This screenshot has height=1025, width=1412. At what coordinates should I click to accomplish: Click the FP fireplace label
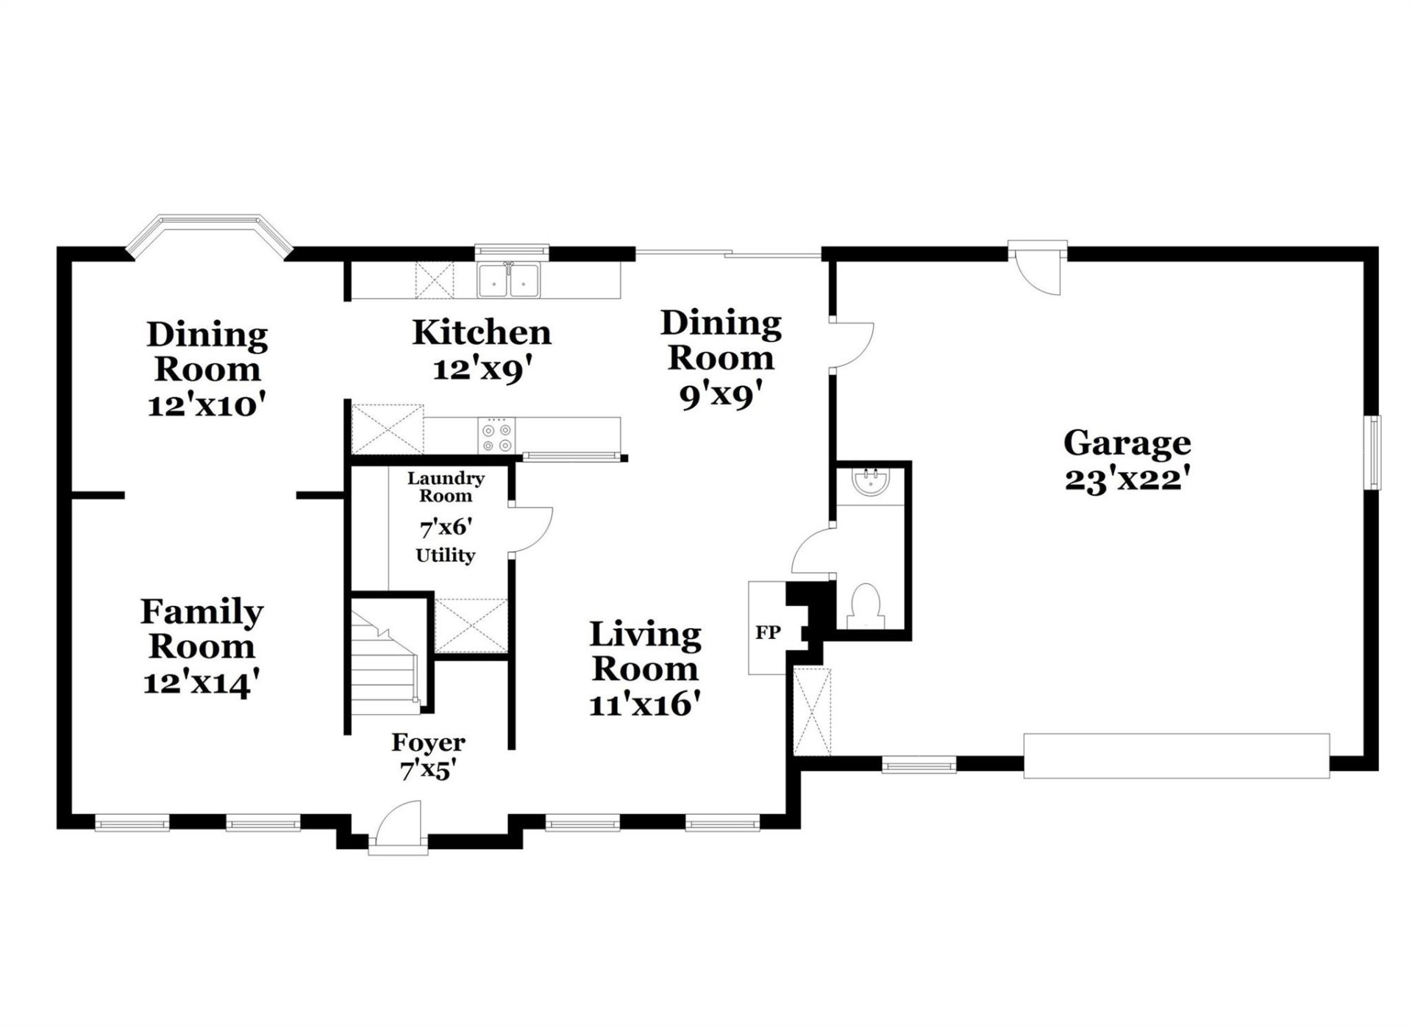767,632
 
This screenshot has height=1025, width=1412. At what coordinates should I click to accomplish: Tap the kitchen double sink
509,280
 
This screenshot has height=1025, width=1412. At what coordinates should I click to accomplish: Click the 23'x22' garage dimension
1127,480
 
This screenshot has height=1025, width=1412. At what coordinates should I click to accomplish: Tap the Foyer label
428,743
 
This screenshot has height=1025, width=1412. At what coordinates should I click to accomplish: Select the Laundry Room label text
446,487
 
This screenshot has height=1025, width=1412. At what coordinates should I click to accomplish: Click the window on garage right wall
1373,452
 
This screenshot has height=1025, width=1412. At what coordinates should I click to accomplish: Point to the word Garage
1127,443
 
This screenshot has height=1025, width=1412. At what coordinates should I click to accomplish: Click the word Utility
446,555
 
